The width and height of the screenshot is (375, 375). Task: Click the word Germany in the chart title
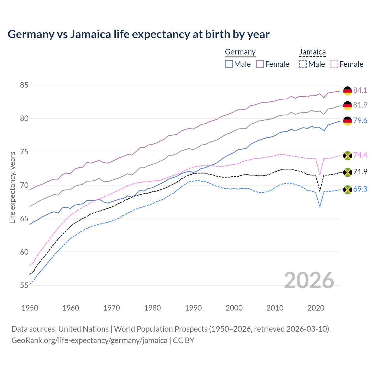point(31,34)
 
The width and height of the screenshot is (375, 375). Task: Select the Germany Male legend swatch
point(229,64)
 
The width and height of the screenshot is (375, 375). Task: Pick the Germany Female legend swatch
point(260,64)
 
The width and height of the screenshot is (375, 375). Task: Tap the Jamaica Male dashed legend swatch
point(303,64)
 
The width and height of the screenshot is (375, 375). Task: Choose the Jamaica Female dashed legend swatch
point(334,64)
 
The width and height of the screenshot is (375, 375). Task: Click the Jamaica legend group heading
point(312,52)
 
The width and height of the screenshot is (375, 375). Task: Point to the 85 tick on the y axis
point(24,85)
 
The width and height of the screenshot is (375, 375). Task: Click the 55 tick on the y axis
point(24,285)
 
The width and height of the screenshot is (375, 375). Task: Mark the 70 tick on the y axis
point(24,185)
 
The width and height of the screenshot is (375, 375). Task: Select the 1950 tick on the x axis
point(30,308)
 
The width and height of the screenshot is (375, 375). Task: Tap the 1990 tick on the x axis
point(193,308)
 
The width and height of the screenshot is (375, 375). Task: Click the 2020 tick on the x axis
point(316,308)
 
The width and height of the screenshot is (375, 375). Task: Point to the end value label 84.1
point(360,90)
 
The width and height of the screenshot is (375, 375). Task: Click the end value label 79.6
point(360,121)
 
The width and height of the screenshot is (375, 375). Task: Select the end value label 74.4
point(360,155)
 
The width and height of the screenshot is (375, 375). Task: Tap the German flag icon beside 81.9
point(347,105)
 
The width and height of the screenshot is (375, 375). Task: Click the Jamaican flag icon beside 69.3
point(347,190)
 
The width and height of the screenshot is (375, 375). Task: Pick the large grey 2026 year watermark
point(309,280)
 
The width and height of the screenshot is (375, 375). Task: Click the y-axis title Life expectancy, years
point(12,187)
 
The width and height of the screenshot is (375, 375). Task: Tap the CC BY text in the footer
point(184,340)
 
